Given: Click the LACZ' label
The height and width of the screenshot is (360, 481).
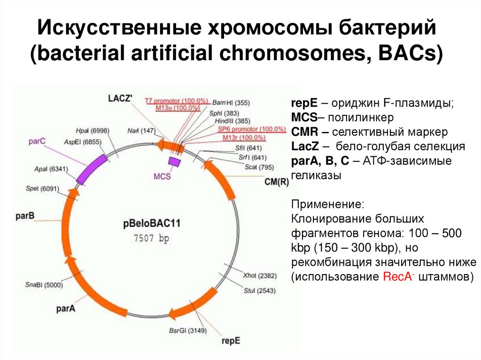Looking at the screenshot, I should (x=120, y=98).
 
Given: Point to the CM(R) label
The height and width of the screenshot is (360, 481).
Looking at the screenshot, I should (x=277, y=181).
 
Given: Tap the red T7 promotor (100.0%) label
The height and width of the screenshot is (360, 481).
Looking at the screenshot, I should (x=176, y=101).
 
